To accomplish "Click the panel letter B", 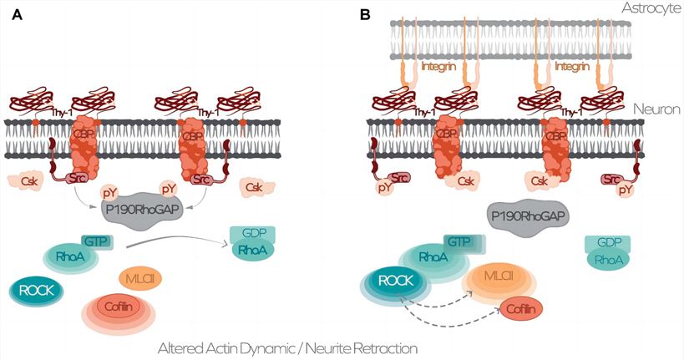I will pyautogui.click(x=363, y=14).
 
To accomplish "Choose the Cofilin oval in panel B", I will pyautogui.click(x=522, y=309).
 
